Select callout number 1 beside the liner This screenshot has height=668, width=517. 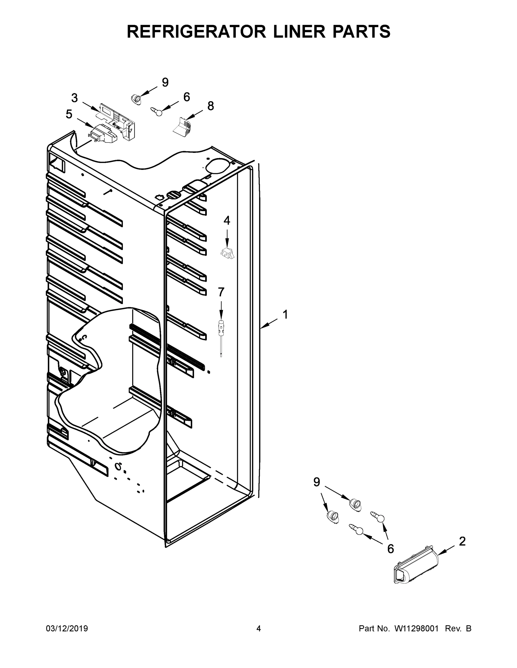(285, 315)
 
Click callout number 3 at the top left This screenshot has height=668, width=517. (74, 98)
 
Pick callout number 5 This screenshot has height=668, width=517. (69, 114)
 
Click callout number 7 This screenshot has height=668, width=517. (221, 292)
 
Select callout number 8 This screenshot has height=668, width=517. (211, 106)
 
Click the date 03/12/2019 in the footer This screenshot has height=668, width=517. (67, 628)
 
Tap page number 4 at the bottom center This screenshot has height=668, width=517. (259, 628)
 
